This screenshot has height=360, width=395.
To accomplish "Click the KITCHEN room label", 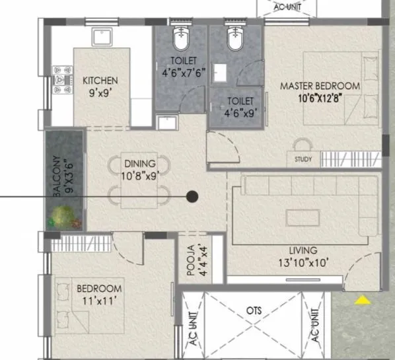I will click(x=100, y=81).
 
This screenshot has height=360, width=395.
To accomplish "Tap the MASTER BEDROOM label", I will click(x=320, y=86).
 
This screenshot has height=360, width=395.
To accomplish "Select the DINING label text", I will click(x=139, y=164).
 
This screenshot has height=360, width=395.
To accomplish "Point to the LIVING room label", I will click(x=303, y=250).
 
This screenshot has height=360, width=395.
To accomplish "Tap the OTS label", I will click(x=254, y=309).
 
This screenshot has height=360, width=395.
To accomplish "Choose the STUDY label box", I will click(x=303, y=159).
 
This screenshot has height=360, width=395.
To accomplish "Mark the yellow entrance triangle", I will click(x=361, y=301).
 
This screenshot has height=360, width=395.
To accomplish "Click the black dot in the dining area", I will click(x=192, y=196).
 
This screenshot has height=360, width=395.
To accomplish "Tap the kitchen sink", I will click(x=102, y=36).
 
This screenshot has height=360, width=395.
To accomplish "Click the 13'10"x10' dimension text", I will click(x=303, y=263).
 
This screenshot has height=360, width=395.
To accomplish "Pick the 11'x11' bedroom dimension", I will click(x=99, y=301).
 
